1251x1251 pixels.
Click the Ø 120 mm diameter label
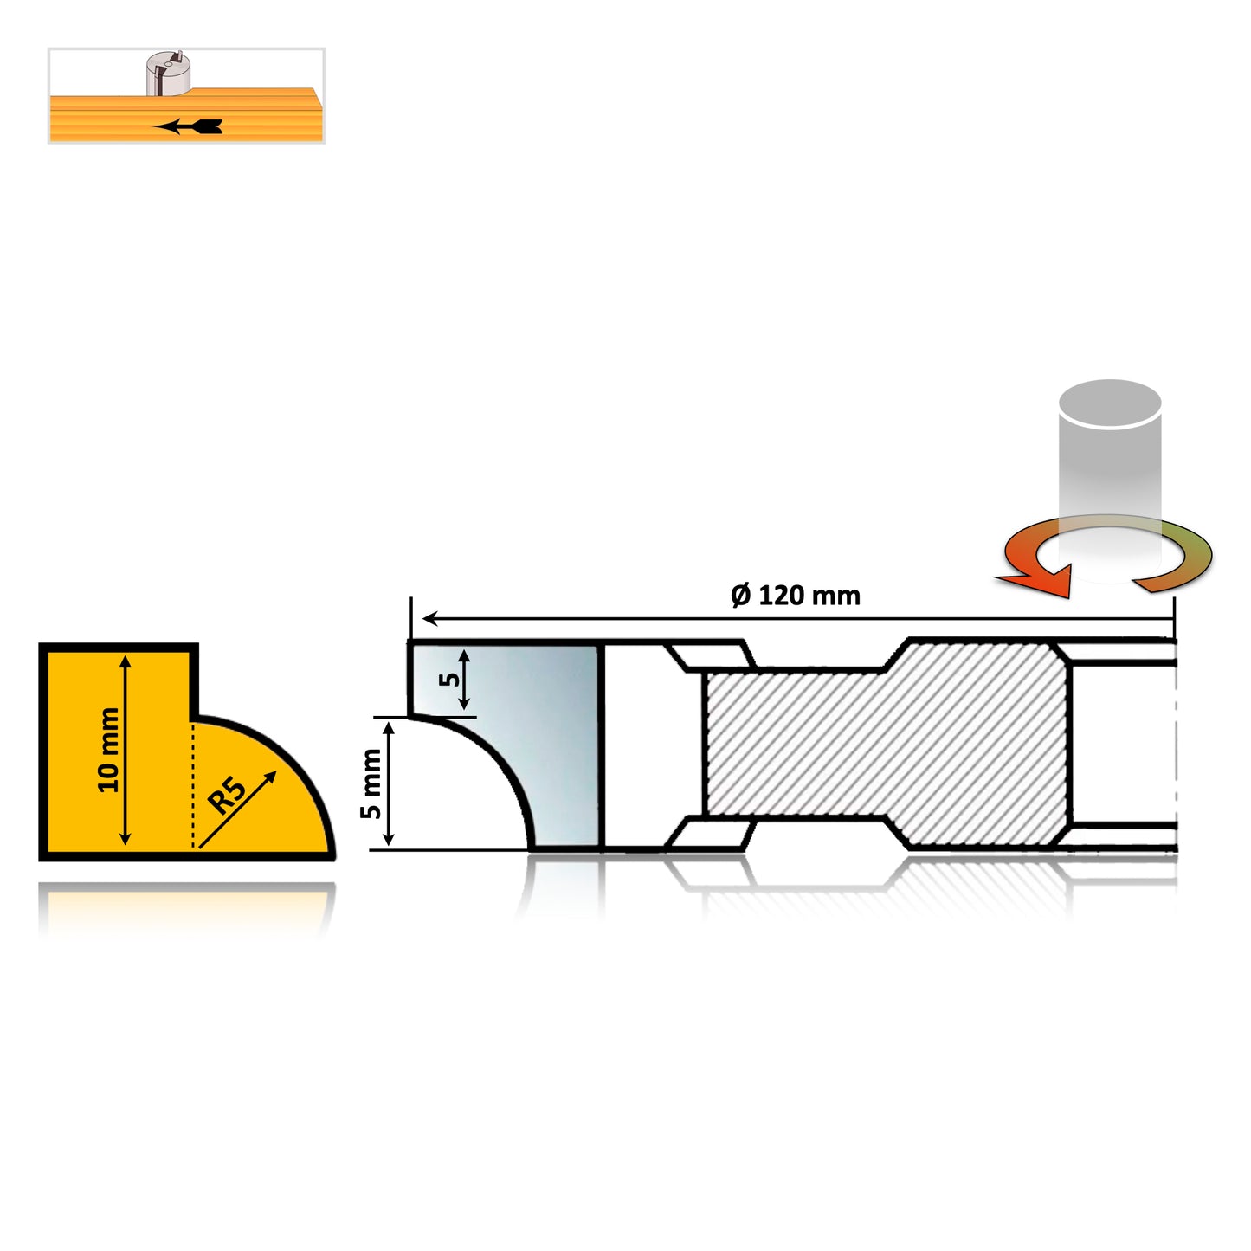click(x=795, y=596)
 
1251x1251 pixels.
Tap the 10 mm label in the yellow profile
click(x=108, y=749)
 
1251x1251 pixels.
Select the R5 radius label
click(x=227, y=795)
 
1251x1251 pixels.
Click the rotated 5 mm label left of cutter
click(x=371, y=783)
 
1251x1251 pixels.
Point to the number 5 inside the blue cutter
click(x=448, y=678)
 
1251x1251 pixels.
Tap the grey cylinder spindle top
click(x=1109, y=403)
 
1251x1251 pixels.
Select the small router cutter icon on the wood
click(x=167, y=73)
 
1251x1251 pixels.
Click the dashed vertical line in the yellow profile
click(x=193, y=783)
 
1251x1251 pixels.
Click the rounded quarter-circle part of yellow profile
click(x=260, y=796)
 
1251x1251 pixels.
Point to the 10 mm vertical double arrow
click(x=126, y=749)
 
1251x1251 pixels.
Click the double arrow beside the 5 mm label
click(x=389, y=783)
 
